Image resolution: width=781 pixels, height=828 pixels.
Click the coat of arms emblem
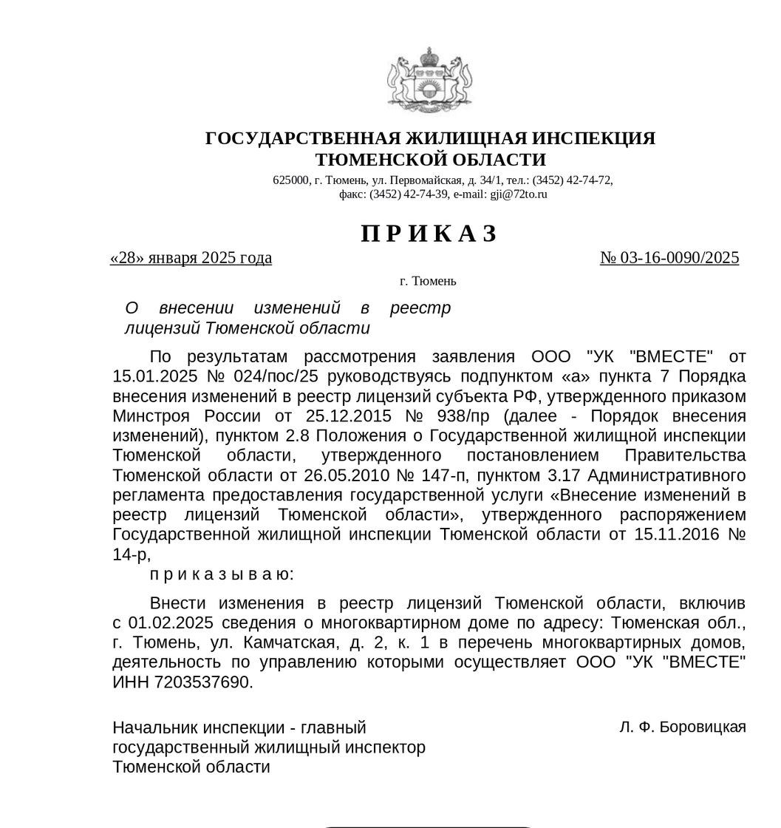(x=430, y=79)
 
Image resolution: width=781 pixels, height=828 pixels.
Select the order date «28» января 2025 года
(x=191, y=258)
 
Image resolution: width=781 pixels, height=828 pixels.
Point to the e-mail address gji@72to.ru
(x=519, y=194)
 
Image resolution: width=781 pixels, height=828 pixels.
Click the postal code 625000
(x=290, y=180)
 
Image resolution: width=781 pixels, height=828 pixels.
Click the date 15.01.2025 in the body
(x=150, y=376)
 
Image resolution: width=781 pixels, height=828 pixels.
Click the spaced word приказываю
(x=222, y=574)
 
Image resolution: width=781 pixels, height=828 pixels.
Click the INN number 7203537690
(x=202, y=682)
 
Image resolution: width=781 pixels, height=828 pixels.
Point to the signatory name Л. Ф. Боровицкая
(x=683, y=727)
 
